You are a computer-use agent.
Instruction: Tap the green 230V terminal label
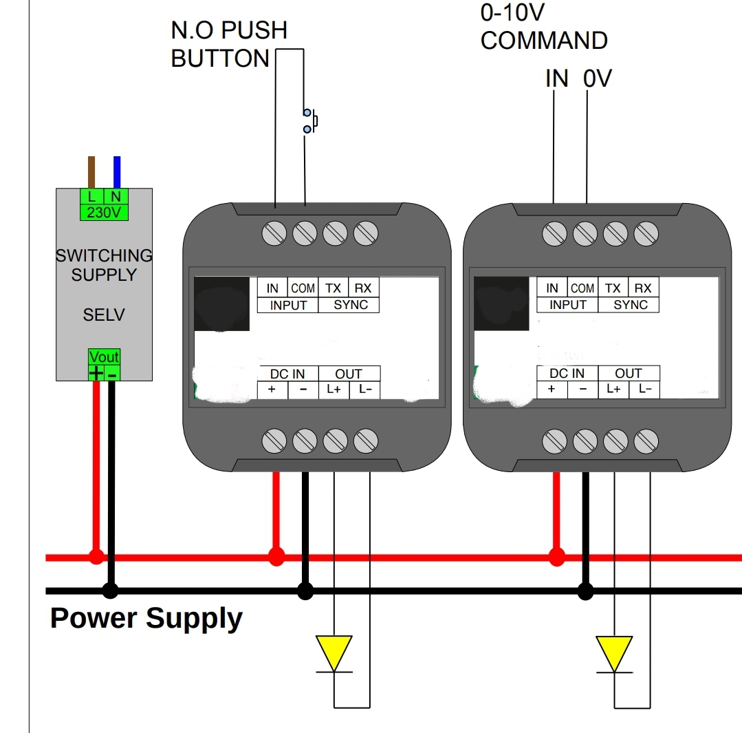(104, 213)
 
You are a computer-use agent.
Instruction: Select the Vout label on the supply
(104, 357)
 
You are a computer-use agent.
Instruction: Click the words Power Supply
(146, 618)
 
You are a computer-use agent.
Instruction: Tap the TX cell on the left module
(334, 288)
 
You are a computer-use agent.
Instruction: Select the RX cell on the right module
(643, 288)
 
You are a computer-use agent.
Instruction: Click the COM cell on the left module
(303, 288)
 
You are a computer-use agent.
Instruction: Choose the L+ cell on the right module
(613, 390)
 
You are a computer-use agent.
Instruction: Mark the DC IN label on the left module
(287, 374)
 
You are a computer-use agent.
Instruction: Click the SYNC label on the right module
(631, 305)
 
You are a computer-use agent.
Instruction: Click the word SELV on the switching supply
(104, 315)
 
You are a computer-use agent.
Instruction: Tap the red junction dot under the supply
(96, 556)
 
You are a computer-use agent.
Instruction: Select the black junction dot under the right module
(585, 591)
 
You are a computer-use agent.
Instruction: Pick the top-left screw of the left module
(274, 234)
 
